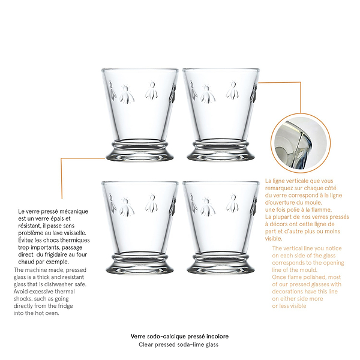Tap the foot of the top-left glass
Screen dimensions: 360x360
click(139, 152)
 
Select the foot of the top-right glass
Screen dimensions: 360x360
click(221, 152)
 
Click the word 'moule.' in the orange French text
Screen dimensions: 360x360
click(314, 203)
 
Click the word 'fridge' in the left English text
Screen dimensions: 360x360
click(65, 306)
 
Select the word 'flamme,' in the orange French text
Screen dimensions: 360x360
click(323, 210)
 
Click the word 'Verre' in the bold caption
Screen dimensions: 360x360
click(138, 337)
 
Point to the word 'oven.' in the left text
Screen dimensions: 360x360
click(53, 313)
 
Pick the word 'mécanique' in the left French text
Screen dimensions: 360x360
click(76, 211)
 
